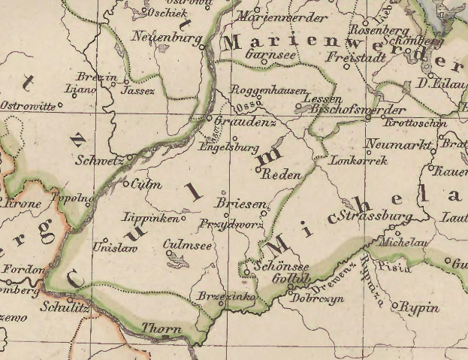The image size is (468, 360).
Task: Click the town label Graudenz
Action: click(246, 121)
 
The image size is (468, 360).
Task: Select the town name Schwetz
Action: click(100, 159)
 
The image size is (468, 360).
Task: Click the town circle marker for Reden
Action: click(258, 170)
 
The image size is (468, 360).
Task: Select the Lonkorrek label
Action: click(358, 160)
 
